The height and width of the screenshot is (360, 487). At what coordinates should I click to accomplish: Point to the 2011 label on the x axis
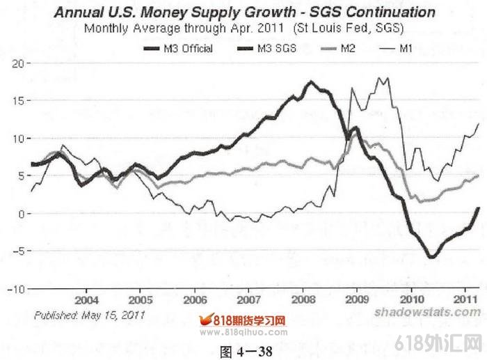pyautogui.click(x=464, y=299)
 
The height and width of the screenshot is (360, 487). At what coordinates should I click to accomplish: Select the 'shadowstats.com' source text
pyautogui.click(x=427, y=311)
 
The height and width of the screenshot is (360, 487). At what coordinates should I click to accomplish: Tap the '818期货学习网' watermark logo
pyautogui.click(x=243, y=322)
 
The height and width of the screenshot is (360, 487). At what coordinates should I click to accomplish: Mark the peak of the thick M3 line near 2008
pyautogui.click(x=311, y=82)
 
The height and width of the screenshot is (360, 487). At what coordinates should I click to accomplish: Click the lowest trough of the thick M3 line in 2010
pyautogui.click(x=431, y=257)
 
